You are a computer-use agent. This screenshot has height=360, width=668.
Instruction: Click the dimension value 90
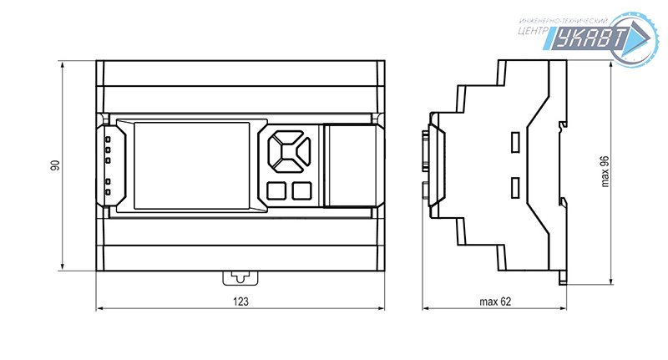(55, 165)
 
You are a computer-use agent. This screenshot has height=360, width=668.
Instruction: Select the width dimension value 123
(240, 302)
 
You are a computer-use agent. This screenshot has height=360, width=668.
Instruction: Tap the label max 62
(495, 302)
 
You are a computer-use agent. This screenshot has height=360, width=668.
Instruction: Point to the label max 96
(605, 172)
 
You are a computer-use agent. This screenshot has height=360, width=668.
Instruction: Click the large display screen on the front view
(192, 165)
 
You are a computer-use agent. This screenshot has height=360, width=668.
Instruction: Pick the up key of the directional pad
(288, 136)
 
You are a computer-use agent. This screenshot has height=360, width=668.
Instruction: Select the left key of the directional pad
(274, 151)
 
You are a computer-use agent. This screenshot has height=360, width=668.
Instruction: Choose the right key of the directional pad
(303, 151)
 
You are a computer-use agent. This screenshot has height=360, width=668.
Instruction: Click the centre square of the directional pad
(288, 151)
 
